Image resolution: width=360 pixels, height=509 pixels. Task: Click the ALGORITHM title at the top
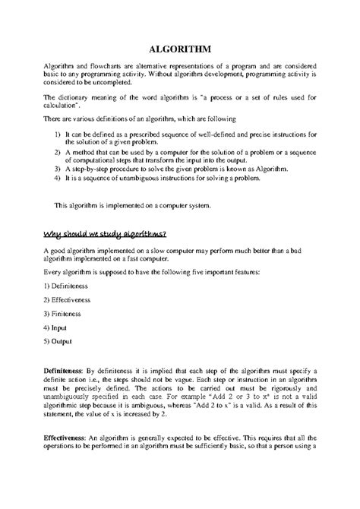point(180,48)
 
